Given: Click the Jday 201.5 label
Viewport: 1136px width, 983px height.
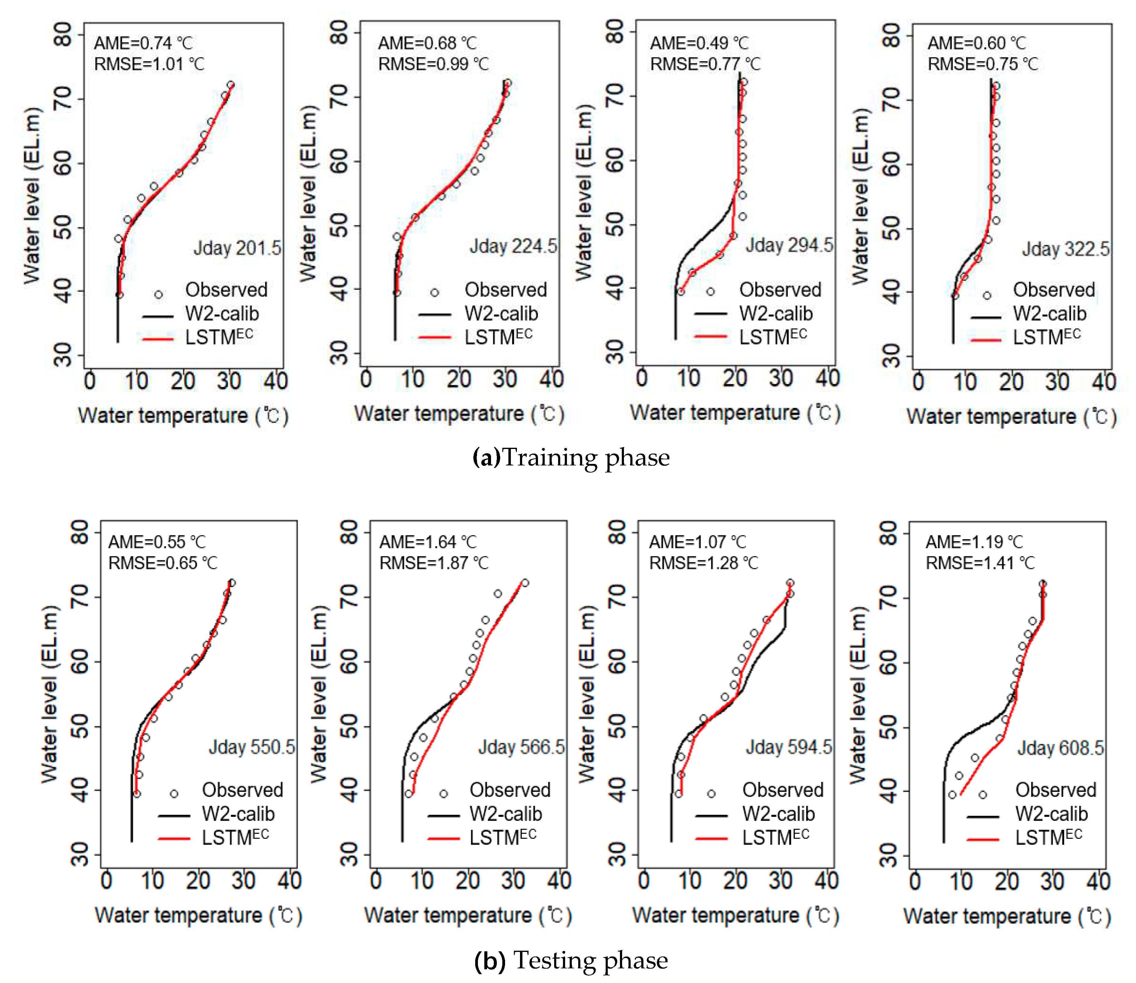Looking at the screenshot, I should tap(237, 248).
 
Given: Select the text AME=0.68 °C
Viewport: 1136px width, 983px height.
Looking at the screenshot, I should tap(427, 43).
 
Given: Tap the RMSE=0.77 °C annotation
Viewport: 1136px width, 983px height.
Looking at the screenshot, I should tap(705, 64).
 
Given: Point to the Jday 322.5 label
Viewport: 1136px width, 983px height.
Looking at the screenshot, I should tap(1065, 250).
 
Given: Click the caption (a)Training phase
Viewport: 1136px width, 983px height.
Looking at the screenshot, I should tap(571, 458).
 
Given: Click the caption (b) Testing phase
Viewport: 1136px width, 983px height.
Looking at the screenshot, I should tap(571, 960).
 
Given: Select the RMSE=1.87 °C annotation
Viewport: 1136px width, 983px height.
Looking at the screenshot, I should tap(433, 563).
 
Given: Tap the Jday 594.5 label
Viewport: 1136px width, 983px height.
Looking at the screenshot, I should tap(788, 747).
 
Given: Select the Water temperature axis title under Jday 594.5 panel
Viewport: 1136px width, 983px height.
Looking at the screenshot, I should tap(735, 916).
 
